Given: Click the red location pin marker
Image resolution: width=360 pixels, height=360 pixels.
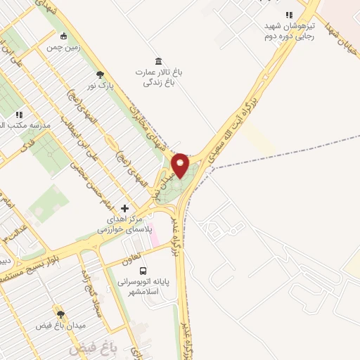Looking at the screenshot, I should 181,166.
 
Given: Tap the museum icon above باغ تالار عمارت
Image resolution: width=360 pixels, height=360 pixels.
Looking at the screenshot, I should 158,60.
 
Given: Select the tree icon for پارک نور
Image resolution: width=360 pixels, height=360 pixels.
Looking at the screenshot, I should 100,74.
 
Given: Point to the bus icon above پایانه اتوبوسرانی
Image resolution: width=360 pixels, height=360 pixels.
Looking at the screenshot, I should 143,271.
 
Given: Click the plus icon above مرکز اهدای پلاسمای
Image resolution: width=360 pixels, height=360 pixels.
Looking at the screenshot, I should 125,208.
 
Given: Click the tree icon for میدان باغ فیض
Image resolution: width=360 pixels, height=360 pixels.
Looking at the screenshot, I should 60,315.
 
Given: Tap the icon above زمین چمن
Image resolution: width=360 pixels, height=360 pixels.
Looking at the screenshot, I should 64,36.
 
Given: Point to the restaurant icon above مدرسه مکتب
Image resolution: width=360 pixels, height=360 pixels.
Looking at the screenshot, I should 20,114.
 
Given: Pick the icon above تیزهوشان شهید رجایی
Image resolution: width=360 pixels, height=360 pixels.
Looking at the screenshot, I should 288,15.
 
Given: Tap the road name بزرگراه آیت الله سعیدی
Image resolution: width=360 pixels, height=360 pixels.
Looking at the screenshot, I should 258,103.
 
